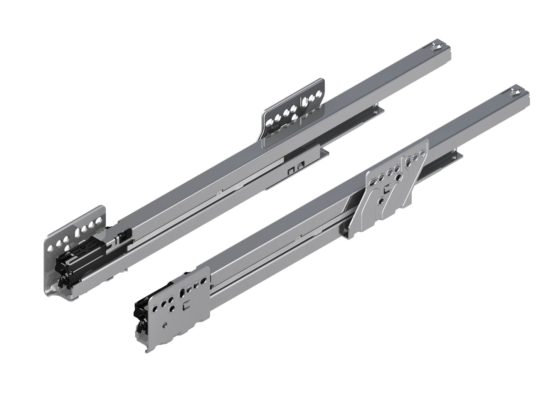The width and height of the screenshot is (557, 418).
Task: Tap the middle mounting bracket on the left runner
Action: (293, 114)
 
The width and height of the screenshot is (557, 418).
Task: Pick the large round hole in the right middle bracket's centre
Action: (381, 201)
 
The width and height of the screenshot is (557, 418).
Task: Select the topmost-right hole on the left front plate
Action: (101, 221)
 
